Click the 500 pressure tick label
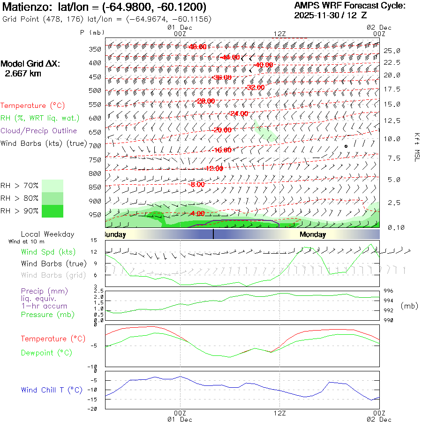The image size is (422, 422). tap(95, 90)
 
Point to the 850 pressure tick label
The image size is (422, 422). tap(95, 188)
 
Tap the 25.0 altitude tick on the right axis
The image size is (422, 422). tap(392, 51)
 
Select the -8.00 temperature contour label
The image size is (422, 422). tap(196, 185)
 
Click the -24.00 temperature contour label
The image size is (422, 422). tap(239, 114)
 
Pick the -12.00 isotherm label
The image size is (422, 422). tap(214, 168)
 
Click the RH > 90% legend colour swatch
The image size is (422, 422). tap(53, 211)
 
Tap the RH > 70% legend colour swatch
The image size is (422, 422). tap(53, 186)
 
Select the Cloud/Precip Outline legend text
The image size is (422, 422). tap(39, 131)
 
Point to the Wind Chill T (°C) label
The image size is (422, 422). tap(52, 390)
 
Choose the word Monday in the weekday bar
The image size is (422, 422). tap(313, 234)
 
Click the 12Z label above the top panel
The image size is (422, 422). tap(279, 34)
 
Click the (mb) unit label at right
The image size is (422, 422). tap(409, 306)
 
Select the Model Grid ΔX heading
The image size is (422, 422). tap(30, 64)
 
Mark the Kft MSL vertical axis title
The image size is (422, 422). tap(416, 147)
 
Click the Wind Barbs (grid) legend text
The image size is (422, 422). tap(54, 275)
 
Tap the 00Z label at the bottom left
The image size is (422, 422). tap(180, 413)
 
